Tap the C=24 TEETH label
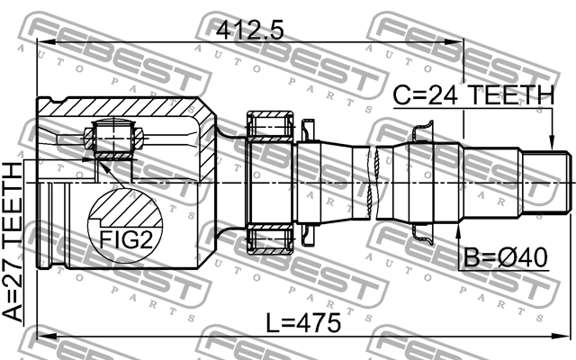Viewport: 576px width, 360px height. (472, 94)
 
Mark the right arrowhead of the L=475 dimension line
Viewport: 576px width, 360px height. (567, 339)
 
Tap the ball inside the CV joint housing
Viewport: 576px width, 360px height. (114, 139)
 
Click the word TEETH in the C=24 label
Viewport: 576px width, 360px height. (512, 94)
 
